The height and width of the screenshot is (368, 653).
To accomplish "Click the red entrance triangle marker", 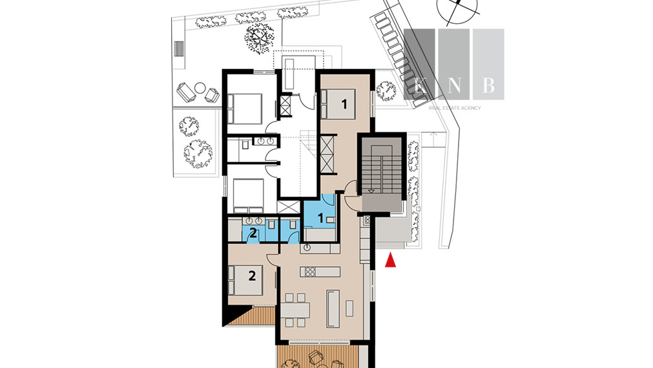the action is (x=390, y=260).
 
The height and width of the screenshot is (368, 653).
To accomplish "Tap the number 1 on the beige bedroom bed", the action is (x=344, y=104).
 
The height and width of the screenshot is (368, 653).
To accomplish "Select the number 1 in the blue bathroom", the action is (x=320, y=218).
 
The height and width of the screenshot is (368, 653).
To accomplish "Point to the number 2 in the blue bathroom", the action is (x=253, y=232).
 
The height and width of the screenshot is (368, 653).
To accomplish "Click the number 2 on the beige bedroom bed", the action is (x=252, y=276).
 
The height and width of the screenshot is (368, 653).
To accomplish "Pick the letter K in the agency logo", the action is (x=419, y=85).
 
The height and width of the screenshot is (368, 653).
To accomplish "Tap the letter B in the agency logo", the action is (x=489, y=85).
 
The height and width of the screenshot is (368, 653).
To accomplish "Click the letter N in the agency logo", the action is (x=454, y=85).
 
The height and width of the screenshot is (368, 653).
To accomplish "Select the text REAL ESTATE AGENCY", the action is (x=455, y=108).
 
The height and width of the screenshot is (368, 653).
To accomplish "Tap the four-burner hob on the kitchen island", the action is (x=310, y=272).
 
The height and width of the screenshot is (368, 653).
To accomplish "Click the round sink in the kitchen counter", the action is (x=307, y=248).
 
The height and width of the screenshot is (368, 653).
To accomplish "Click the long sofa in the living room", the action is (x=333, y=309).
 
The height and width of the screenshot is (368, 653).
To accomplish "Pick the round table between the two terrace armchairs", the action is (x=200, y=88).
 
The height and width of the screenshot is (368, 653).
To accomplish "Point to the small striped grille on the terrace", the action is (x=179, y=48).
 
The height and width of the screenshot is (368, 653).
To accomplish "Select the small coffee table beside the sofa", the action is (x=349, y=308).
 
